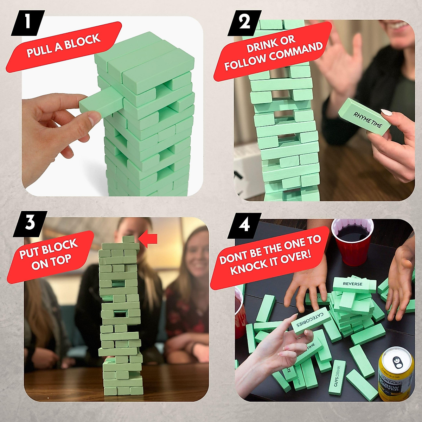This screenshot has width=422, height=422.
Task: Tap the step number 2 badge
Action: click(245, 23)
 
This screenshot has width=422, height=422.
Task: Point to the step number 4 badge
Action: click(244, 225)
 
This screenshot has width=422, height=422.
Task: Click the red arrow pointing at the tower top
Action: click(148, 239)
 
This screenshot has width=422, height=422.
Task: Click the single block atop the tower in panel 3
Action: click(129, 239)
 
